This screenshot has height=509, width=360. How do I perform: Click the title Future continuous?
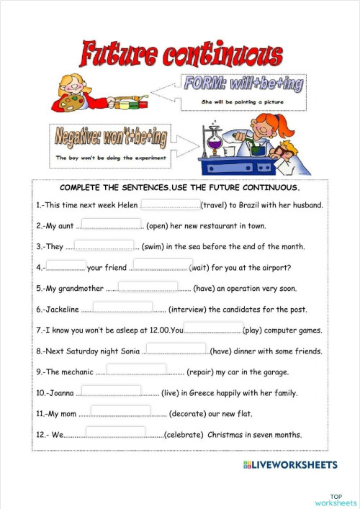[181, 55]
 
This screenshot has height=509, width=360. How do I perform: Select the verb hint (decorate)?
[192, 414]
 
